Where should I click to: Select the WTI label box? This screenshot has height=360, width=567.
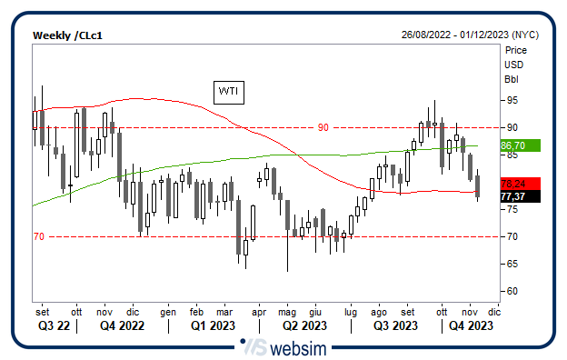226,91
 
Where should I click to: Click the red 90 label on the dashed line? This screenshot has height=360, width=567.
323,127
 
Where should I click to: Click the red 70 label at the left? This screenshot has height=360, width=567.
38,236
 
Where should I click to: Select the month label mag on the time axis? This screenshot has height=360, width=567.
287,310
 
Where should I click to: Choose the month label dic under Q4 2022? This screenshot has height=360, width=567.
133,310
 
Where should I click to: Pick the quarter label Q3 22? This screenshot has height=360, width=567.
53,325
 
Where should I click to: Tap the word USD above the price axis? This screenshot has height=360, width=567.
513,65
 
